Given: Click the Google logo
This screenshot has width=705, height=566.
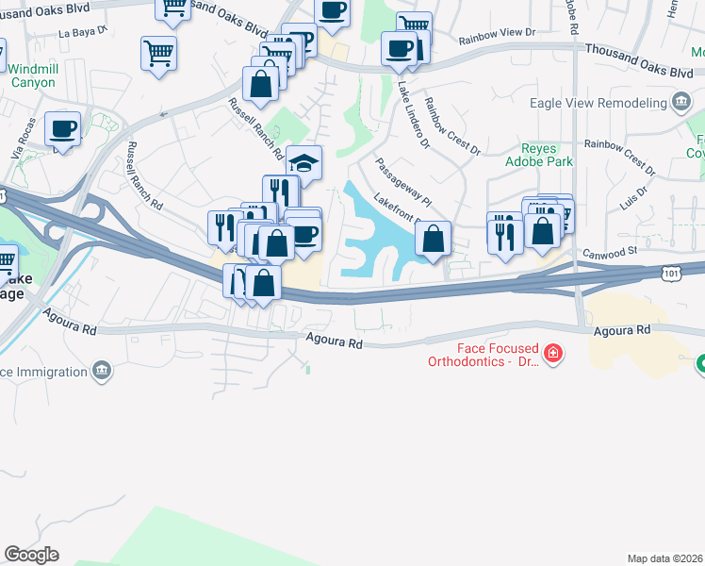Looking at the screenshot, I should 31,555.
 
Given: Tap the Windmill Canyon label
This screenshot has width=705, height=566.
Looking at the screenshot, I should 32,75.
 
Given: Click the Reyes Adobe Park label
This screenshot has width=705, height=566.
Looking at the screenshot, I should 547,156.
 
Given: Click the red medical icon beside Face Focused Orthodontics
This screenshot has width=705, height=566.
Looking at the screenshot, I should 552,355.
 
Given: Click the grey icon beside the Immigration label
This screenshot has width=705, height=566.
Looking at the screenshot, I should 103,372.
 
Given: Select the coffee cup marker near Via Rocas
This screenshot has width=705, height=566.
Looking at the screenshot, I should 63,129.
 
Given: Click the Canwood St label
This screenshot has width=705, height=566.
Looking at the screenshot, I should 611,252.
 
